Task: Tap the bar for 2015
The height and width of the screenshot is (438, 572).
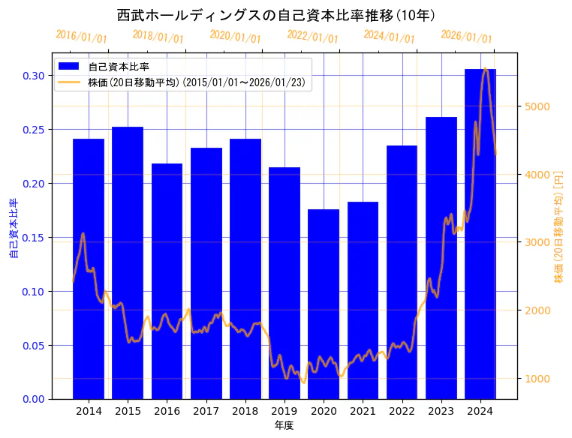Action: click(x=128, y=262)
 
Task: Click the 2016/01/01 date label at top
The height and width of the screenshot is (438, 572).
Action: click(x=81, y=37)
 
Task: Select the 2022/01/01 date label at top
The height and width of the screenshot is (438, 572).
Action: click(x=312, y=37)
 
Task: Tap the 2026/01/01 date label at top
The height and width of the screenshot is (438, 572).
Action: click(x=466, y=37)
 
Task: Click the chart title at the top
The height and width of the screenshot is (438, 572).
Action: click(x=278, y=15)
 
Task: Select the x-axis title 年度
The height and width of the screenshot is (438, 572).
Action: click(x=284, y=425)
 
